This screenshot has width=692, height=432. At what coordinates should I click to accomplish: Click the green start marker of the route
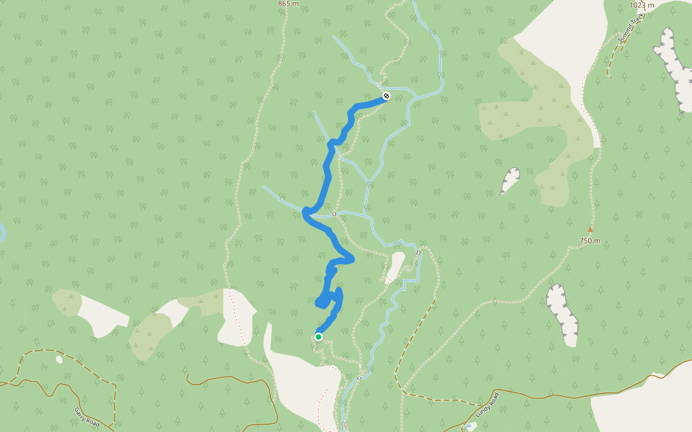[x=318, y=336]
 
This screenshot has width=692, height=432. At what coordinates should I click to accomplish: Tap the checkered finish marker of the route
[x=387, y=96]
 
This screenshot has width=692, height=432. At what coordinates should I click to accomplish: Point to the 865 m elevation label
[x=288, y=4]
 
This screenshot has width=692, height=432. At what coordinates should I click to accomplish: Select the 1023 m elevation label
[x=642, y=5]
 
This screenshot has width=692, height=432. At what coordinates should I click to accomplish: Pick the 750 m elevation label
[x=589, y=240]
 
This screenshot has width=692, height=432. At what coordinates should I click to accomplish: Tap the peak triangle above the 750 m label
[x=590, y=230]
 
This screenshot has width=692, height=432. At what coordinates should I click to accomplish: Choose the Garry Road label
[x=86, y=417]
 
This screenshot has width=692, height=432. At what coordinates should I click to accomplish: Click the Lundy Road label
[x=487, y=405]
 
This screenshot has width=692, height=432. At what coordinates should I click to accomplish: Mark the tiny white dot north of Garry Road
[x=58, y=359]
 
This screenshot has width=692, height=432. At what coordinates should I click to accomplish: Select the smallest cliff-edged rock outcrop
[x=510, y=181]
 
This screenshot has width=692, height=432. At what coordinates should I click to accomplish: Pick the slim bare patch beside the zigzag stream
[x=394, y=267]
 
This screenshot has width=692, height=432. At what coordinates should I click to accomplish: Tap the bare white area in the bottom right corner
[x=642, y=407]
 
